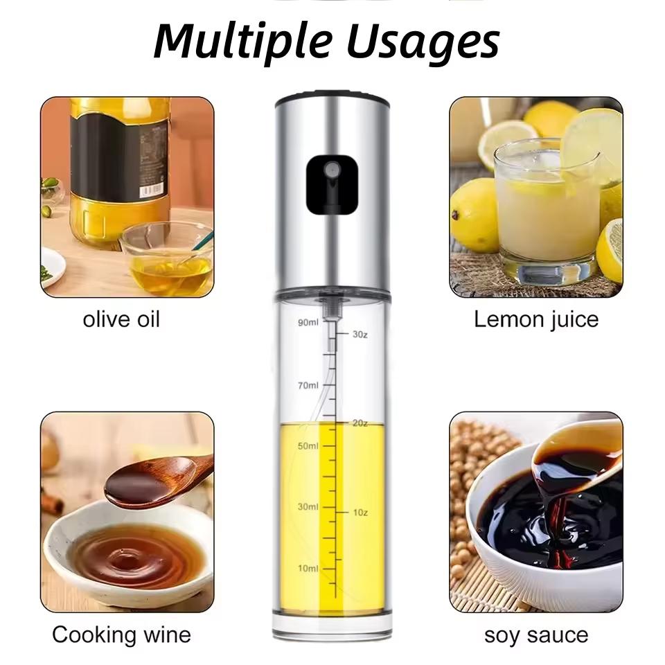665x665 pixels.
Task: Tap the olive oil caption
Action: (121, 319)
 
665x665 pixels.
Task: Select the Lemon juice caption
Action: (535, 319)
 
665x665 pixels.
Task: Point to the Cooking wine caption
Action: (121, 635)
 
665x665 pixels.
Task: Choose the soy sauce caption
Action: (535, 635)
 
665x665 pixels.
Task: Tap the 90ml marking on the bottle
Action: (308, 323)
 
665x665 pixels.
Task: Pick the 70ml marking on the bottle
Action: (308, 385)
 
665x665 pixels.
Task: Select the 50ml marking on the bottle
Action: (308, 446)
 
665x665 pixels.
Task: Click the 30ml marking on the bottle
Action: (308, 507)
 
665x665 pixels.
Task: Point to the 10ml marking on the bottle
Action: (308, 568)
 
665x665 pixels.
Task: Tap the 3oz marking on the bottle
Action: (359, 334)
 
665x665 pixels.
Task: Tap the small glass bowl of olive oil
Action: (166, 260)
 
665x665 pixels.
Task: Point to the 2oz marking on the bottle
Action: (359, 423)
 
